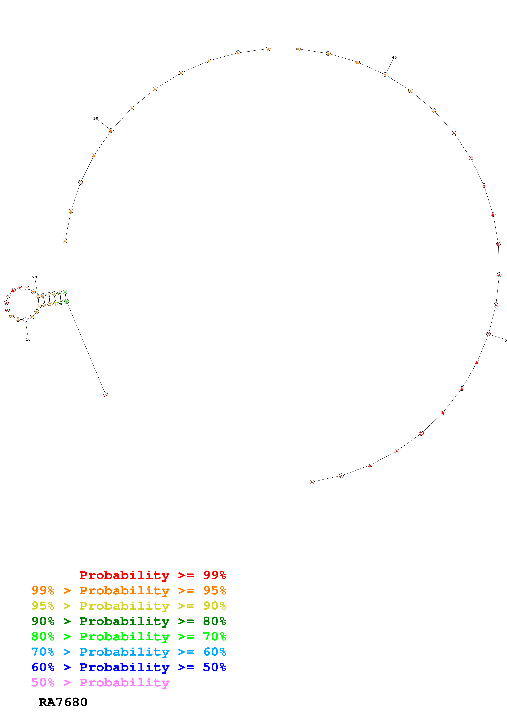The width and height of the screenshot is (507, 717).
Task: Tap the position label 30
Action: pos(96,118)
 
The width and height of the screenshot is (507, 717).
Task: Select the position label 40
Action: pos(394,57)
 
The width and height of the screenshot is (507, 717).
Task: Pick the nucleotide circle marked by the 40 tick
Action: pos(385,75)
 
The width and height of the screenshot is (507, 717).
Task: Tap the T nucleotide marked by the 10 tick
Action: pos(25,320)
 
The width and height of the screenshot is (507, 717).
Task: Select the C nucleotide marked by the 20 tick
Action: pos(38,296)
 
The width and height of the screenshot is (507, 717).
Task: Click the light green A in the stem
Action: pos(65,292)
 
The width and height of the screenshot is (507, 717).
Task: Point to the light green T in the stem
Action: pos(66,302)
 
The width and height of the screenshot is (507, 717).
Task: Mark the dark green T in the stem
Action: pos(61,302)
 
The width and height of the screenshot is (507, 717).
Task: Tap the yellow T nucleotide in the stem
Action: pos(56,303)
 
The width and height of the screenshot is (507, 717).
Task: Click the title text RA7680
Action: pos(63,702)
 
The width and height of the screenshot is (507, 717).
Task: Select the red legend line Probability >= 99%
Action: pos(152,575)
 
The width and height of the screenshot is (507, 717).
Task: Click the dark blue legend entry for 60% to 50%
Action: pos(128,667)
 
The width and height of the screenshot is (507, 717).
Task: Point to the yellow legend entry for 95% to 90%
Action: pos(128,606)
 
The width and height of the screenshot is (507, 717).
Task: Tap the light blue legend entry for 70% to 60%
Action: pos(128,652)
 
